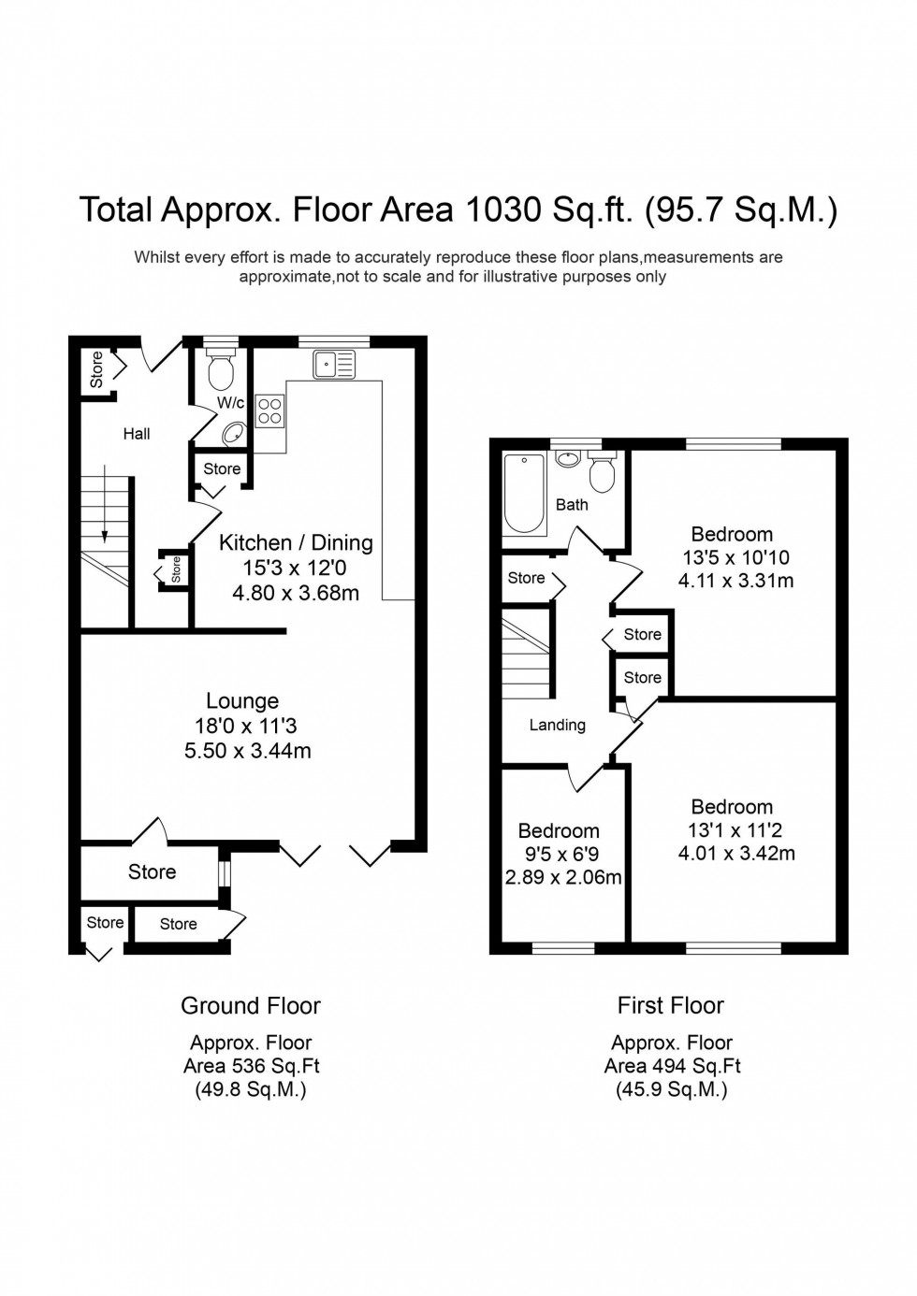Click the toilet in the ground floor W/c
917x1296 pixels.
click(x=221, y=371)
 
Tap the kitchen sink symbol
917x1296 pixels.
click(x=334, y=364)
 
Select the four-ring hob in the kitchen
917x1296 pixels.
click(x=269, y=411)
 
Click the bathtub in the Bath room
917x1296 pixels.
click(x=525, y=493)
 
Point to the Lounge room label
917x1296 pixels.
click(x=242, y=701)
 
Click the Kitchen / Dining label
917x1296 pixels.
click(x=296, y=542)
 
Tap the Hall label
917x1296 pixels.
click(x=137, y=434)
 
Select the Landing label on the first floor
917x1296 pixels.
click(x=557, y=725)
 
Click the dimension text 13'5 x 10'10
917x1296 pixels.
click(x=735, y=557)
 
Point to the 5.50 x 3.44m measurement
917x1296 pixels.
click(x=248, y=750)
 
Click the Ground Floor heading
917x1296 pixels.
click(x=251, y=1006)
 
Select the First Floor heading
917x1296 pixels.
click(x=670, y=1006)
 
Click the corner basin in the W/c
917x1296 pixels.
click(x=235, y=434)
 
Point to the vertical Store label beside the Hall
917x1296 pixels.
click(x=96, y=369)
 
